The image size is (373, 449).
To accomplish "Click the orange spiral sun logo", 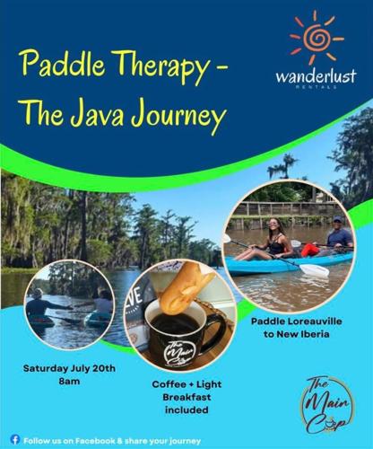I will tap(314, 37).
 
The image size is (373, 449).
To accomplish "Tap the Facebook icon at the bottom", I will tap(14, 438).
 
